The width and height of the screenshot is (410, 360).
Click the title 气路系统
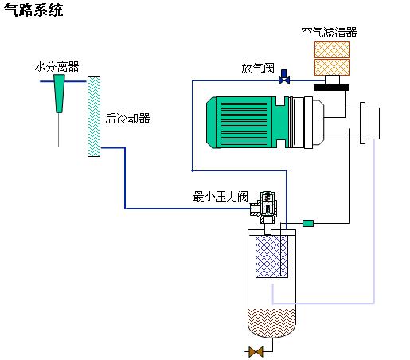tap(33, 10)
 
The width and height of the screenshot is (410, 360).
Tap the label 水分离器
tap(57, 67)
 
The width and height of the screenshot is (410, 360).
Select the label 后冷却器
tap(127, 119)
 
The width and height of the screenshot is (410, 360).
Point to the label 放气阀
tap(258, 68)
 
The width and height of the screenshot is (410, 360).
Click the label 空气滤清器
tap(329, 33)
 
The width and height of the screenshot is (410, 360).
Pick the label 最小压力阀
tap(221, 197)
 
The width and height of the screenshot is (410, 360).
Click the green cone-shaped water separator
tap(60, 93)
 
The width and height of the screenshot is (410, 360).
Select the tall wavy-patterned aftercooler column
tap(94, 116)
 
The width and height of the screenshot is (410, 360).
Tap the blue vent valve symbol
tap(284, 77)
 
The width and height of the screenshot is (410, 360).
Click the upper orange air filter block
tap(332, 49)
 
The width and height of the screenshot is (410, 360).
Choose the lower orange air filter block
tap(332, 67)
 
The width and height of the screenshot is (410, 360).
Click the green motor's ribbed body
tap(244, 122)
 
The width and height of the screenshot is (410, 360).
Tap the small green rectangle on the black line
tap(308, 223)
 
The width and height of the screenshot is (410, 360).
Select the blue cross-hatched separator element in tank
tap(271, 256)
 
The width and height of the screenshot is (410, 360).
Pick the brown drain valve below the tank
tap(256, 352)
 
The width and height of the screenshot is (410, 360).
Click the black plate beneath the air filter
tap(331, 88)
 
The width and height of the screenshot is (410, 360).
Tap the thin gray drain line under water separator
tap(59, 130)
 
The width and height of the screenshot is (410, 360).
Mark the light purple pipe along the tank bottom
tap(323, 303)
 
